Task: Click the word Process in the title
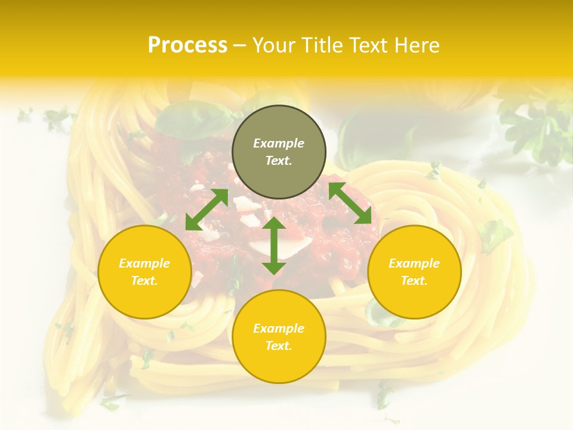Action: (x=187, y=45)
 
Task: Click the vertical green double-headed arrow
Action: (x=274, y=245)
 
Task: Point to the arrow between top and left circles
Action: (x=207, y=209)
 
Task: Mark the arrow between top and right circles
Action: (x=350, y=203)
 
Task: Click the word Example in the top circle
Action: (x=279, y=143)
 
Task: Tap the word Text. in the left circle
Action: (x=144, y=281)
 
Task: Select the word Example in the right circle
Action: (x=414, y=263)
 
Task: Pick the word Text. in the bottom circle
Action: (x=279, y=346)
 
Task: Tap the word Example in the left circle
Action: (x=144, y=263)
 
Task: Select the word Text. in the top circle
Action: (x=279, y=161)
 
